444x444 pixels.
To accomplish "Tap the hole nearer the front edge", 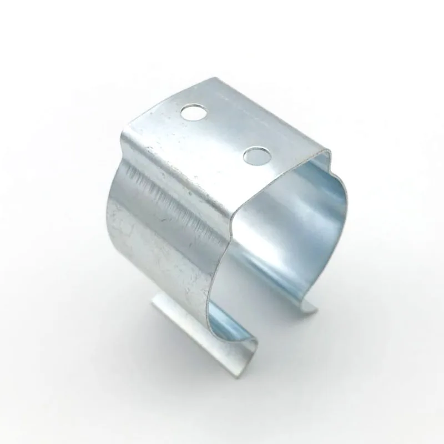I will click(256, 156).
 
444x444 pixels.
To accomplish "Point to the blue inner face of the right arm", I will click(311, 233).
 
